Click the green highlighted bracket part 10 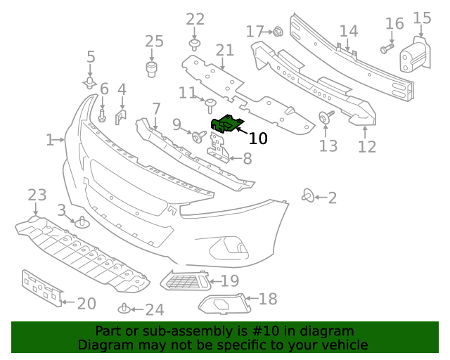click(226, 124)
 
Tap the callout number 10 click(258, 139)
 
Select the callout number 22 click(195, 20)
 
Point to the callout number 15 click(422, 18)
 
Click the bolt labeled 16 click(386, 49)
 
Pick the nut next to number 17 click(277, 31)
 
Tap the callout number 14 click(349, 32)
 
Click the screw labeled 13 click(326, 117)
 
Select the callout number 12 click(366, 146)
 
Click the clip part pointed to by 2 click(307, 195)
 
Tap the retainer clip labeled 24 click(124, 308)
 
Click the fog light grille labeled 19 click(186, 282)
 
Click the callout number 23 click(37, 195)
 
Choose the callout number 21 click(224, 51)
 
